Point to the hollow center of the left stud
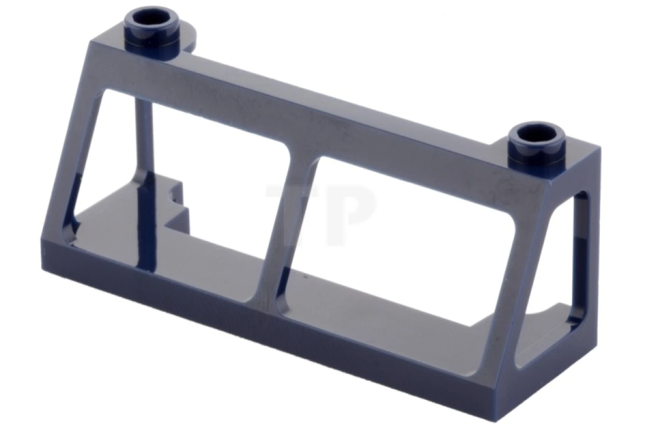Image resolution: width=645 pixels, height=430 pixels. click(152, 18)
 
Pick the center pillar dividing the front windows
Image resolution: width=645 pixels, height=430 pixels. click(288, 226)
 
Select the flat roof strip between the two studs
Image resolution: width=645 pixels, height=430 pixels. click(344, 97)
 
